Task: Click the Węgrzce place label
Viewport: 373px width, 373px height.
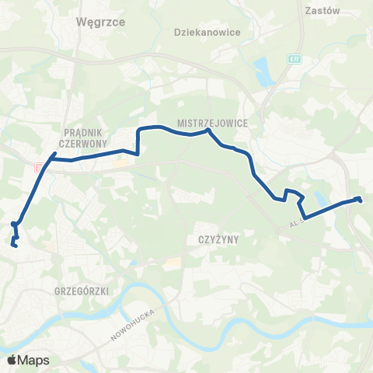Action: (96, 23)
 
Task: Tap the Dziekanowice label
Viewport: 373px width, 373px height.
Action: (207, 33)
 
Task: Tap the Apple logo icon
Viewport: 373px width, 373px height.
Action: (12, 360)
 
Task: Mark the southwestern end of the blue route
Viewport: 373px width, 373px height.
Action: (14, 246)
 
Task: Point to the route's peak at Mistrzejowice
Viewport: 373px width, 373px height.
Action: (207, 131)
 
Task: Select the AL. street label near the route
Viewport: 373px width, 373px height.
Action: (293, 223)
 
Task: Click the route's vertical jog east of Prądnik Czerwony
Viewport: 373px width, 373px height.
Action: (138, 141)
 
